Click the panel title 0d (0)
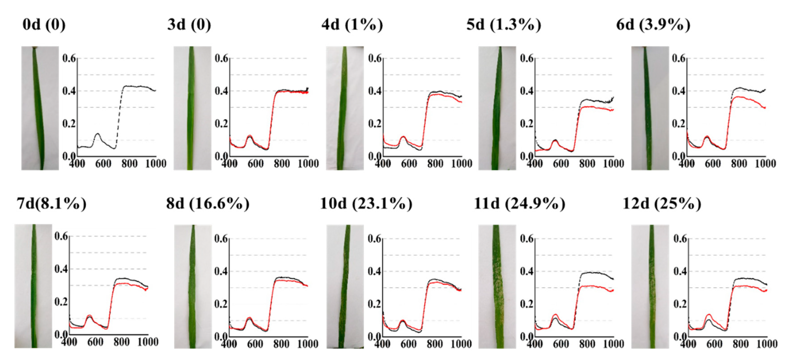coord(44,25)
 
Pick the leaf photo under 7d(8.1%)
coord(33,286)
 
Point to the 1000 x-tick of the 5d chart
coord(613,163)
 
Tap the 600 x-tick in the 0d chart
coord(103,163)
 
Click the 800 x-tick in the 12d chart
coord(741,344)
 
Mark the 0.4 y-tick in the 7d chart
coord(61,269)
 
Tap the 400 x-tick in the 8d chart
coord(229,344)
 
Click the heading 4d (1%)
coord(352,25)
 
